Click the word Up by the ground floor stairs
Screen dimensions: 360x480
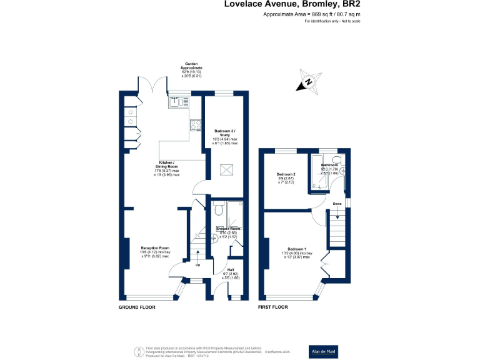click(x=199, y=264)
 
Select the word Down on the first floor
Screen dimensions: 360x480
click(x=337, y=204)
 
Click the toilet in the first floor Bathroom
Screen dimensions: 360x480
click(x=337, y=160)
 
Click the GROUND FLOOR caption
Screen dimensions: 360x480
click(x=137, y=307)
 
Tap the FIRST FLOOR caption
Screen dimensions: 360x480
click(x=273, y=307)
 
